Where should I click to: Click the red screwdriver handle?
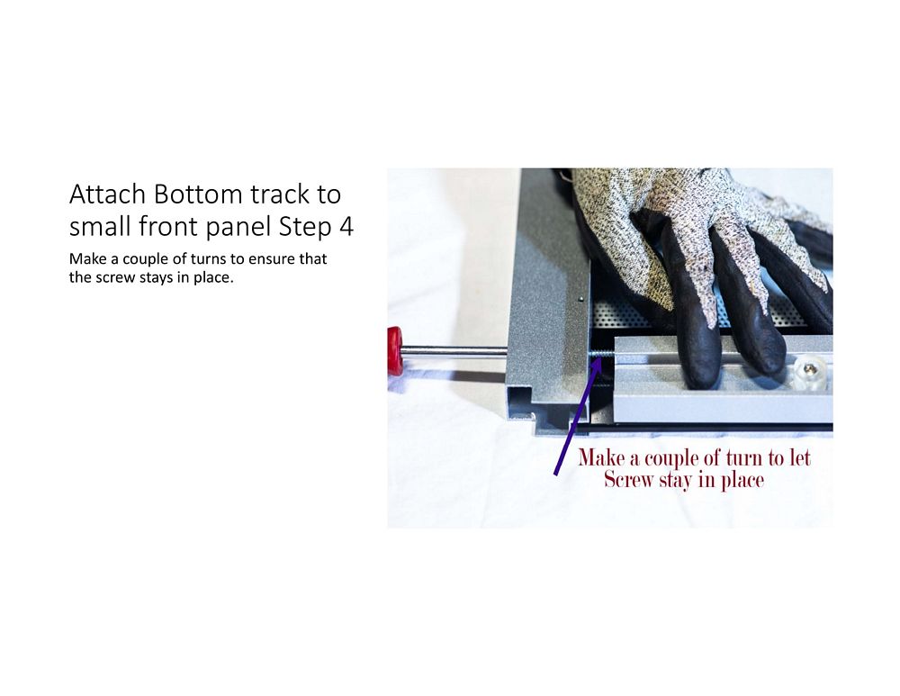pyautogui.click(x=395, y=351)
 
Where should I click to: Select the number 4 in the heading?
pyautogui.click(x=346, y=226)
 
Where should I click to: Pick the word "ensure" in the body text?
pyautogui.click(x=270, y=259)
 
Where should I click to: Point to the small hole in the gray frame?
pyautogui.click(x=580, y=299)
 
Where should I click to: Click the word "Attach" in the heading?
pyautogui.click(x=108, y=194)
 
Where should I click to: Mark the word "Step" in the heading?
pyautogui.click(x=305, y=228)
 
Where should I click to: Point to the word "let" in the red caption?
pyautogui.click(x=800, y=457)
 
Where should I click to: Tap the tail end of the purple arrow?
pyautogui.click(x=555, y=475)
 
